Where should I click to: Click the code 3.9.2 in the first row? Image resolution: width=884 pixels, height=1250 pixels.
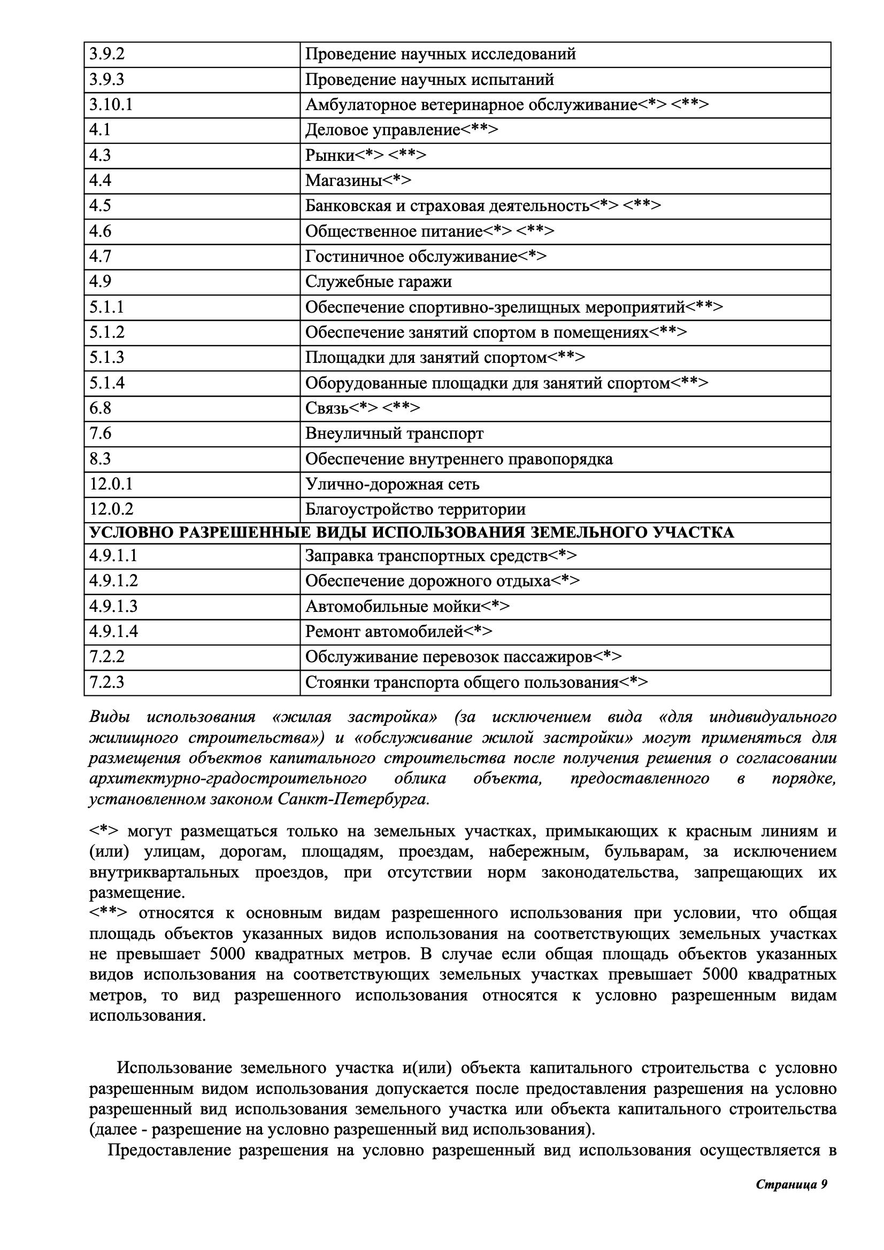pyautogui.click(x=107, y=55)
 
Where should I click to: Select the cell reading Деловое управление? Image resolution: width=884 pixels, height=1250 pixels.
pyautogui.click(x=402, y=130)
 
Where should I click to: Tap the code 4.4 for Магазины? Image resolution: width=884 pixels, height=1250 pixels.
pyautogui.click(x=100, y=180)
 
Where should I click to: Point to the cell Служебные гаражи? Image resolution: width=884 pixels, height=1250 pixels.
pyautogui.click(x=378, y=282)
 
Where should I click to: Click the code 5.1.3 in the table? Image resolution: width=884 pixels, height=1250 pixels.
pyautogui.click(x=107, y=357)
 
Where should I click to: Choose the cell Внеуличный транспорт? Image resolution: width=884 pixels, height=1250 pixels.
pyautogui.click(x=394, y=433)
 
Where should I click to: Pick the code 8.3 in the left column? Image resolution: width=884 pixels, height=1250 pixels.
pyautogui.click(x=100, y=459)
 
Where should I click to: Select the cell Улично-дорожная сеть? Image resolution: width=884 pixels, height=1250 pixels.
pyautogui.click(x=392, y=484)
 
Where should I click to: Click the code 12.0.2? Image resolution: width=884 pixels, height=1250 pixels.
pyautogui.click(x=111, y=509)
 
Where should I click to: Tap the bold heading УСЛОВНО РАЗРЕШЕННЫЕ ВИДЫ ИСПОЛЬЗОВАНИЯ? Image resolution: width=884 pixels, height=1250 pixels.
pyautogui.click(x=411, y=532)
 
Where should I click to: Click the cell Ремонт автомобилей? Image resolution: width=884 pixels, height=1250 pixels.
pyautogui.click(x=398, y=632)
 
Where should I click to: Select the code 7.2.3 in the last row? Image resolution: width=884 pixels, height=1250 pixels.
pyautogui.click(x=107, y=682)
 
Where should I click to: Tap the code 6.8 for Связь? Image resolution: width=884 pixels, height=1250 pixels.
pyautogui.click(x=100, y=408)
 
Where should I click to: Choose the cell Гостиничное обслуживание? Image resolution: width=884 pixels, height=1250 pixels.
pyautogui.click(x=425, y=257)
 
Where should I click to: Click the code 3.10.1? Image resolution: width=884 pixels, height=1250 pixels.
pyautogui.click(x=111, y=105)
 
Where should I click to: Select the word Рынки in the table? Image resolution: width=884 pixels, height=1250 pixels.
pyautogui.click(x=329, y=155)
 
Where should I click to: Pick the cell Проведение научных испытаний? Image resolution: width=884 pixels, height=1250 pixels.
pyautogui.click(x=429, y=80)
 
